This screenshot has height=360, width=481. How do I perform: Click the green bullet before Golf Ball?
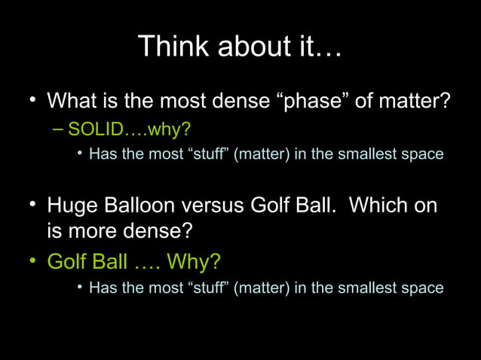click(x=33, y=261)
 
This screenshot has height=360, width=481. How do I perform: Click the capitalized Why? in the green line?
click(x=194, y=261)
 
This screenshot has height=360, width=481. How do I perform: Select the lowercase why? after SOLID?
click(x=170, y=130)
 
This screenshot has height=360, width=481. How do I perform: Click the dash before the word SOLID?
click(x=59, y=129)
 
